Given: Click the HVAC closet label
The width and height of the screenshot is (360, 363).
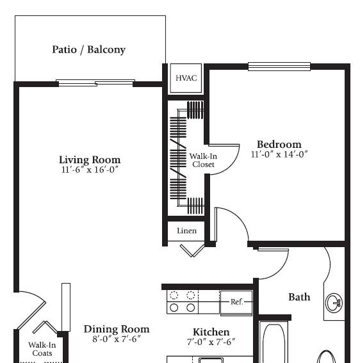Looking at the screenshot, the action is coord(186,78).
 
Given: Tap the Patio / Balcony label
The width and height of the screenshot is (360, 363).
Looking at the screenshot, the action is coord(89,49).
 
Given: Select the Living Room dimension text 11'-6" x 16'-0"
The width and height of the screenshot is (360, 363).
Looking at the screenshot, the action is coord(90,170).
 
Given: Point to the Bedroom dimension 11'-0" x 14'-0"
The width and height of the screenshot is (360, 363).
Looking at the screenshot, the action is coord(279,154).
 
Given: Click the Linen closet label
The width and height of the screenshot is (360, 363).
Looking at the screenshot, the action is coord(186,231).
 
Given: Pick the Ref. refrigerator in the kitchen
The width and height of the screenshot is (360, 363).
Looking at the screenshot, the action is coord(236,303).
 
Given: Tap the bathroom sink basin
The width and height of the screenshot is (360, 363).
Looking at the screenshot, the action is coord(334,303).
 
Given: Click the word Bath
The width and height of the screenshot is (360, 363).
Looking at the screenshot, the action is coord(299,297).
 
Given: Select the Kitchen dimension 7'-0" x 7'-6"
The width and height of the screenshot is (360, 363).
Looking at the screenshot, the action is coord(211,342).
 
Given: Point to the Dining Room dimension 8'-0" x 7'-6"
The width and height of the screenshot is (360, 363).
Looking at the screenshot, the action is coord(117,339).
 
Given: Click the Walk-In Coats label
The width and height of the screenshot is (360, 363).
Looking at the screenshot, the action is coord(42,349).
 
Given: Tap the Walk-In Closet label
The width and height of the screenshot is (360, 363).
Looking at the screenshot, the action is coord(203,160).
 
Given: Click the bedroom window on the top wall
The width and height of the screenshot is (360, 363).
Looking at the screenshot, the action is coord(279,67).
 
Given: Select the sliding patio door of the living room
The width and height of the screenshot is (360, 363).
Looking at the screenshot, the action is coord(95,83).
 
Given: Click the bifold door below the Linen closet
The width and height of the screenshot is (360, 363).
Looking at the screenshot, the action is coord(193,250).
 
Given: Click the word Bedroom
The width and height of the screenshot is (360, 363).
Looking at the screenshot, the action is coord(279,145).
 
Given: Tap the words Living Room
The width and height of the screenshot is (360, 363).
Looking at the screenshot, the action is coord(90,160).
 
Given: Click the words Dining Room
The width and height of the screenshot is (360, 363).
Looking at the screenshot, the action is coord(117,329).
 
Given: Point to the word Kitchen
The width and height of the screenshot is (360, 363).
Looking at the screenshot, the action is coord(211,332).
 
